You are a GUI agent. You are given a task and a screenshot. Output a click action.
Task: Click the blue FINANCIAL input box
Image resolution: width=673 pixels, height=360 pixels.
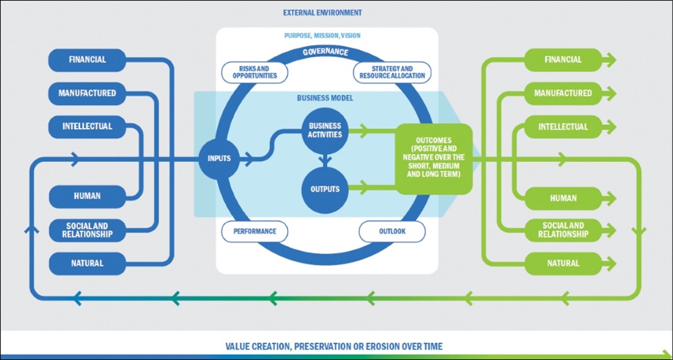87,60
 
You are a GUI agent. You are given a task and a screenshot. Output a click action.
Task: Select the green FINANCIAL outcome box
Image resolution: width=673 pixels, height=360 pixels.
563,60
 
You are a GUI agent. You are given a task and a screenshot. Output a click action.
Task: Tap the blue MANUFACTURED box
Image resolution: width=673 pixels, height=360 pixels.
87,93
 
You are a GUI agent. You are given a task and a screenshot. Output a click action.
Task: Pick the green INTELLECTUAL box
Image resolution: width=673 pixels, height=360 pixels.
563,127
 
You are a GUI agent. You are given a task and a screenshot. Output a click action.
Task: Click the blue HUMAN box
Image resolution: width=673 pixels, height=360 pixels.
87,196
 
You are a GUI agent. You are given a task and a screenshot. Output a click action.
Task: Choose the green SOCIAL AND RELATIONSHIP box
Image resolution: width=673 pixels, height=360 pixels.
563,230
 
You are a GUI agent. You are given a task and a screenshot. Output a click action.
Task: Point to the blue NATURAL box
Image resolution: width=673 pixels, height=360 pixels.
87,263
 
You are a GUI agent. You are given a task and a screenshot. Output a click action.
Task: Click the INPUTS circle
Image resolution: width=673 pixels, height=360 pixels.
220,158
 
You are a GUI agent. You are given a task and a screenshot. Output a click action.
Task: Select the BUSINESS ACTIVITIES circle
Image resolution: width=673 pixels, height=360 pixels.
325,130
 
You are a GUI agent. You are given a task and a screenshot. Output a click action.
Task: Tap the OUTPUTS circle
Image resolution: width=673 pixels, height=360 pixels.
325,189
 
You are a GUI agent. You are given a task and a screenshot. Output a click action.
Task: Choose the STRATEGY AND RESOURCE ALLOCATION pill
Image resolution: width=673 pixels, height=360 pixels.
392,73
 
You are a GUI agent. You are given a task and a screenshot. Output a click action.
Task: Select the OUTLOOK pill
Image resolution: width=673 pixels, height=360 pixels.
392,232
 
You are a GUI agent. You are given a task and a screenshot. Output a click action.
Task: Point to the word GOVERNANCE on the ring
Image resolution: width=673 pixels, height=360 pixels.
326,52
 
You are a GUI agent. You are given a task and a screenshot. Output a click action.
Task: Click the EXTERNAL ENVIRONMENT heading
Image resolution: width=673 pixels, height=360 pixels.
322,12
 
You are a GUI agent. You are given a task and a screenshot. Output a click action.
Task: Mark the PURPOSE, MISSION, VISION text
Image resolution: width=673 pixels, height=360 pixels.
322,36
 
